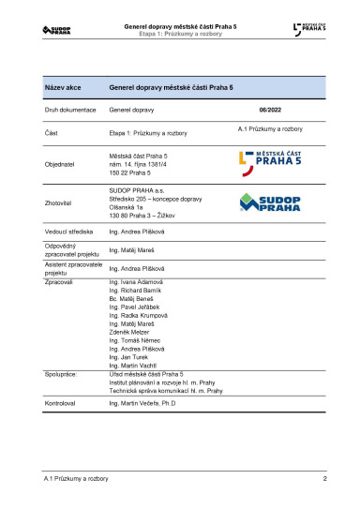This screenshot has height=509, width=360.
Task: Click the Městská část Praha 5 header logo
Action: point(310,30)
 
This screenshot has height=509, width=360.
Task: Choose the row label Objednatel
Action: point(60,163)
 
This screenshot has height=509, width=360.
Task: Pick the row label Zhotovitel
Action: point(60,202)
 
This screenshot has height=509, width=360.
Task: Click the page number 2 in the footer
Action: point(323,479)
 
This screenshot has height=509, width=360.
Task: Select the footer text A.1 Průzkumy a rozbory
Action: point(76,479)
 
